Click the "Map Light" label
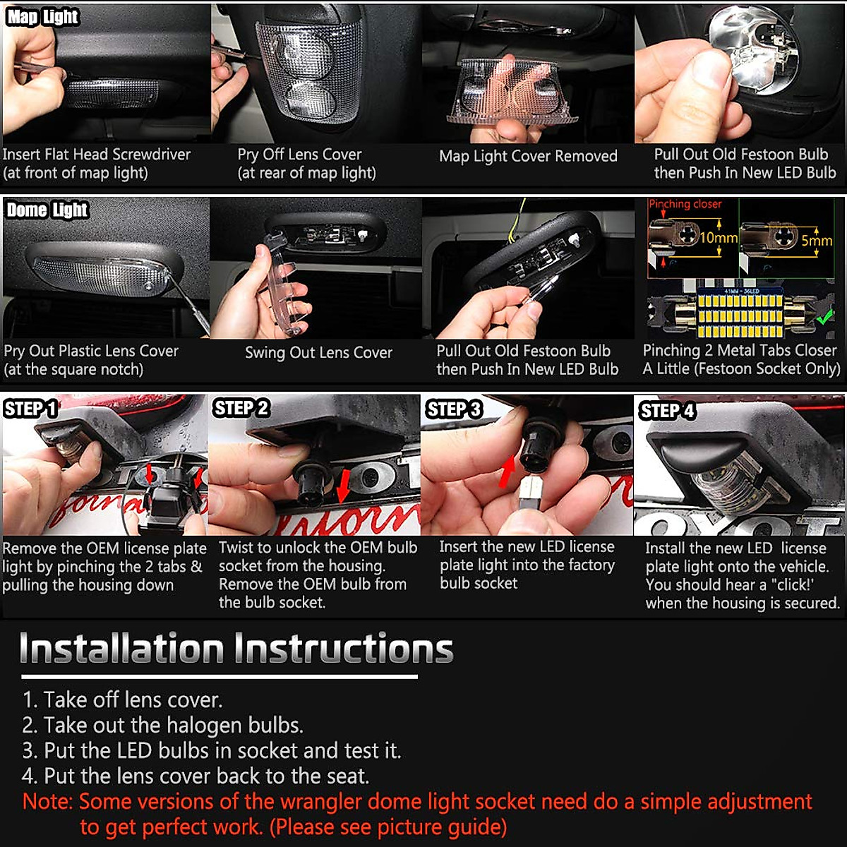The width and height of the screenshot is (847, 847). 42,18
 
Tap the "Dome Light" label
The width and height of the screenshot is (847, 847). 47,210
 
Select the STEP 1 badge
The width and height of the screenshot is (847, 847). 31,409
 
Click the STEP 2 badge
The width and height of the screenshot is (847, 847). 241,408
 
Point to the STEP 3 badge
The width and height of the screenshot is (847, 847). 454,409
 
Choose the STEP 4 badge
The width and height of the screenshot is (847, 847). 667,411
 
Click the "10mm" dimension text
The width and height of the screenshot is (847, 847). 719,238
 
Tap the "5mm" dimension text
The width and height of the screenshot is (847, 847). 817,241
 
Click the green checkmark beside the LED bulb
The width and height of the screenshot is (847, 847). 824,316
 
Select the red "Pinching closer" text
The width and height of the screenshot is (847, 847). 685,204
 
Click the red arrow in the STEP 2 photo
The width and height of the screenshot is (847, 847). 343,486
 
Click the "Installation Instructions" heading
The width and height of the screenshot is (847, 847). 236,648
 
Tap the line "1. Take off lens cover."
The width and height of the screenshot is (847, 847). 123,699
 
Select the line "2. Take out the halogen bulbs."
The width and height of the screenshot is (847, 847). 162,726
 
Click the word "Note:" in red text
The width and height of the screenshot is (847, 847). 47,801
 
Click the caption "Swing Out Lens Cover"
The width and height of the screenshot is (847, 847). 318,352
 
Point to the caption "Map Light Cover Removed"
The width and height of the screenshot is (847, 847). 529,156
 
